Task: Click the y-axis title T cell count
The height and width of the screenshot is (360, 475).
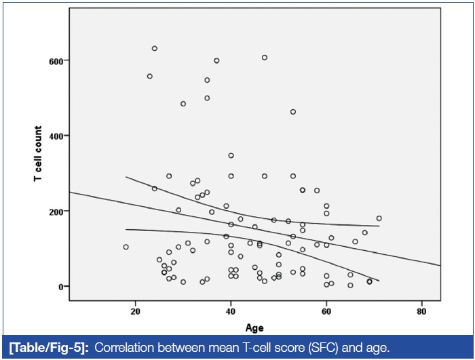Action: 39,154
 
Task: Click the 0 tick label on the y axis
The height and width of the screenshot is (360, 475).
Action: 62,286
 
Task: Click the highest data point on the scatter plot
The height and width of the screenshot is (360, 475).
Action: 155,48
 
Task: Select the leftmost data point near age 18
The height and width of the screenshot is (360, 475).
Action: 126,247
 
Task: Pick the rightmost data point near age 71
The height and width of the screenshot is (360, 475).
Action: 379,218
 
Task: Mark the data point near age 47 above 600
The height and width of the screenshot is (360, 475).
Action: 265,57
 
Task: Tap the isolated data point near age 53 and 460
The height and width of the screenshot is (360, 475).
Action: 293,112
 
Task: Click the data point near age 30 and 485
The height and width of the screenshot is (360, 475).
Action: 183,104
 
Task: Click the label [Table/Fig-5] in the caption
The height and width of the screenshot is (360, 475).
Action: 50,348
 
